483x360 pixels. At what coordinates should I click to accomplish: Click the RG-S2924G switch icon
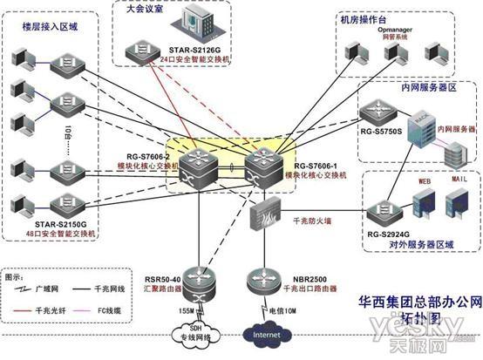[380, 209]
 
